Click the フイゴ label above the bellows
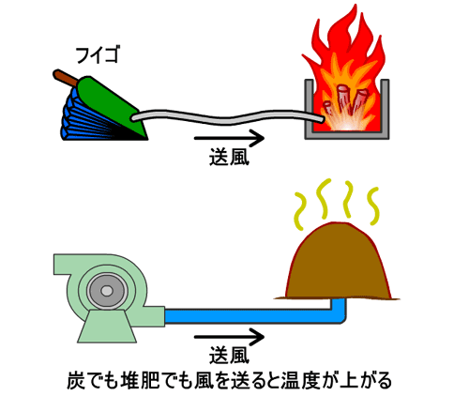[x=98, y=54]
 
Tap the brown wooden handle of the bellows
[x=65, y=77]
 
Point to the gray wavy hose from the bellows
[x=228, y=117]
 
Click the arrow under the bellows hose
[x=229, y=138]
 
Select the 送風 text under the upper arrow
[x=229, y=157]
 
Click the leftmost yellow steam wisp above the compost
[x=299, y=211]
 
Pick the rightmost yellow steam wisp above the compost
[x=373, y=206]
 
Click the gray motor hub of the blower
[x=107, y=291]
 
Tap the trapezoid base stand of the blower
[x=107, y=326]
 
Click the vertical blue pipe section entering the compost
[x=339, y=310]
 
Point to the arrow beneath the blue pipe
[x=229, y=337]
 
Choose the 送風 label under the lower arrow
[x=229, y=356]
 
